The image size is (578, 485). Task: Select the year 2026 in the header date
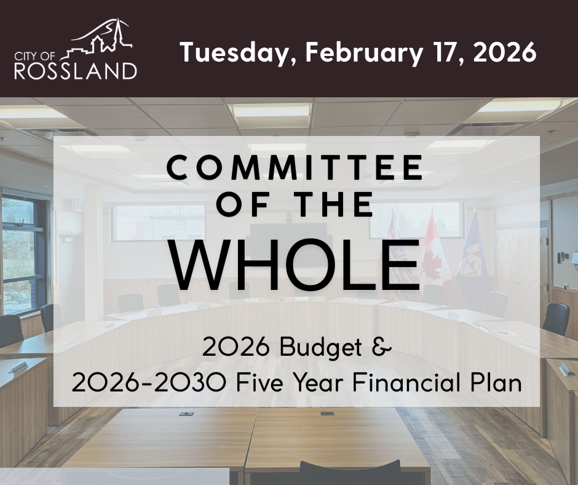(x=505, y=52)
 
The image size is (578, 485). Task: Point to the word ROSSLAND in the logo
(x=76, y=71)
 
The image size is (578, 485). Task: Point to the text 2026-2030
(x=149, y=382)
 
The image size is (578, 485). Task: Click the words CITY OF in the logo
(x=34, y=56)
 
